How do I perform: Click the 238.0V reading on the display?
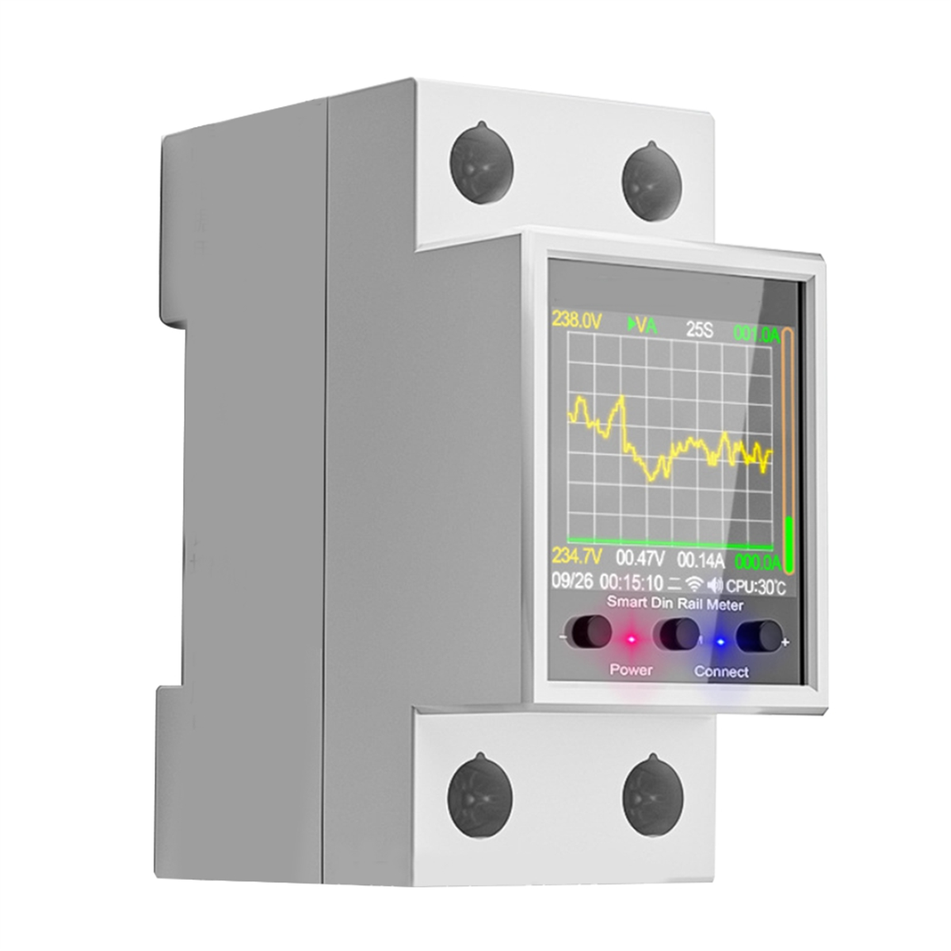coord(577,320)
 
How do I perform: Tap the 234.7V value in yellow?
coord(576,556)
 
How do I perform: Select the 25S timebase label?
coord(699,330)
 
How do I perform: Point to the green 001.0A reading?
coord(757,334)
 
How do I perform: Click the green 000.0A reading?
coord(758,563)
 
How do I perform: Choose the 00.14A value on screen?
coord(701,560)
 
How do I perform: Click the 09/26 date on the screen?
coord(572,581)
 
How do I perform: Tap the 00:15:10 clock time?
coord(631,582)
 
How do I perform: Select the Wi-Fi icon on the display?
coord(694,584)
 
